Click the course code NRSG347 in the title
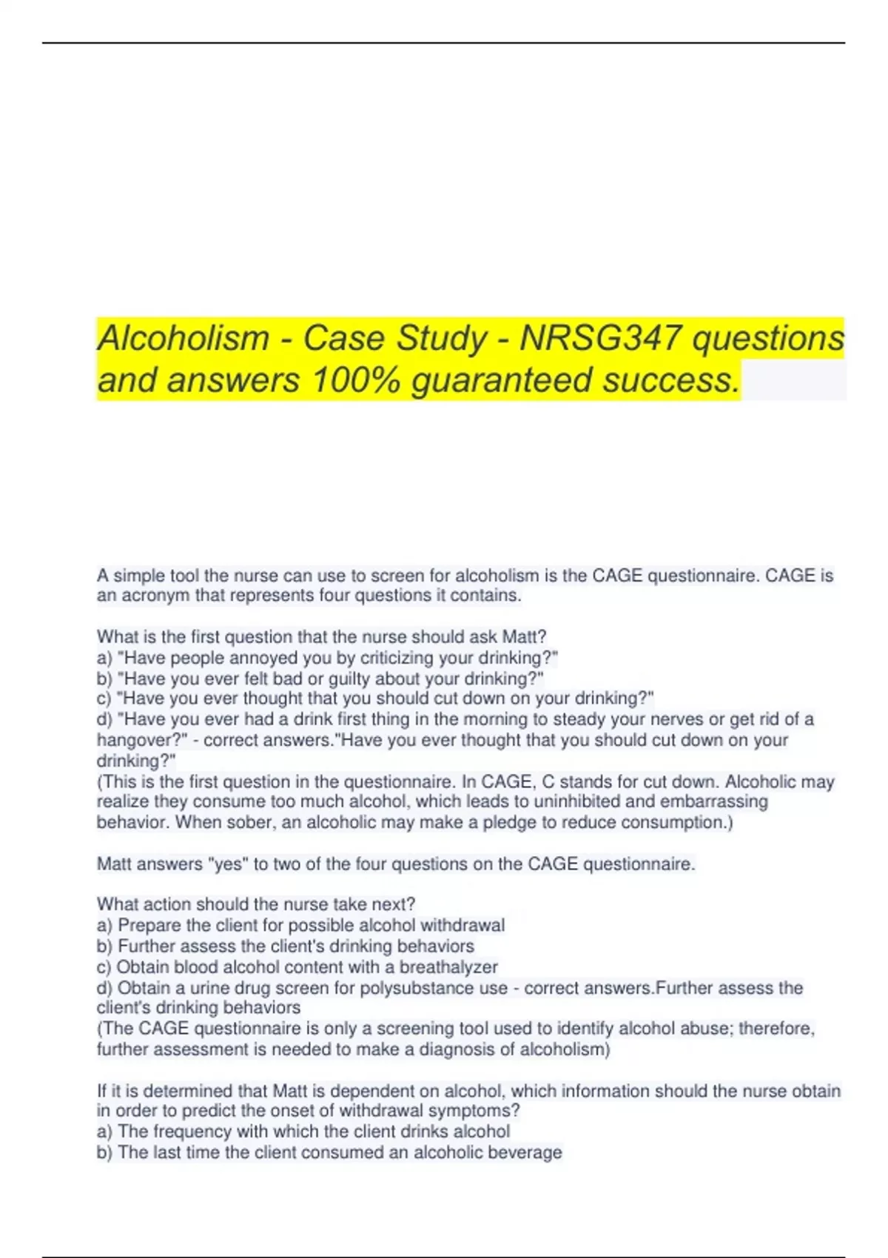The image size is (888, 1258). (600, 338)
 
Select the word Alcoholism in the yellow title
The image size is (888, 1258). (184, 338)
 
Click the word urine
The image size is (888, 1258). (211, 988)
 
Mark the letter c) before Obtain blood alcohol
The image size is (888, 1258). (104, 966)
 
